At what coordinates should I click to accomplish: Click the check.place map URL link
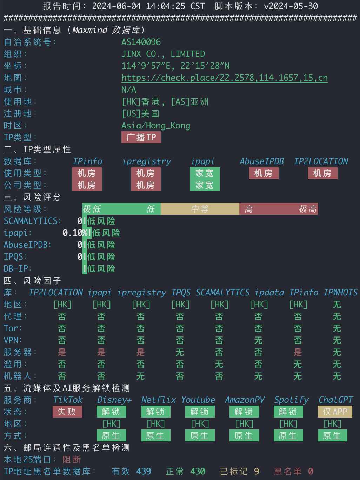[225, 78]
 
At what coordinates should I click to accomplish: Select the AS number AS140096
[141, 42]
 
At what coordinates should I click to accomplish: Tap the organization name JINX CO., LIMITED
[163, 54]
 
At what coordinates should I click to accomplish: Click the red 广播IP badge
[141, 137]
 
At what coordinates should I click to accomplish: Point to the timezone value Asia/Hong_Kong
[156, 126]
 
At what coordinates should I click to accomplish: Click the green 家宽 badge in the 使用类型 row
[205, 173]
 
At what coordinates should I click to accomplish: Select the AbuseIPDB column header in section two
[262, 161]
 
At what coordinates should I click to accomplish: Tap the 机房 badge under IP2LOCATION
[322, 173]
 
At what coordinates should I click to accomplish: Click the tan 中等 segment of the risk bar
[200, 209]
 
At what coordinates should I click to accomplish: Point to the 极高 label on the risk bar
[308, 209]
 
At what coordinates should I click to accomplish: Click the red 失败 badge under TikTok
[67, 412]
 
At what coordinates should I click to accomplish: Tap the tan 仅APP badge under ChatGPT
[335, 412]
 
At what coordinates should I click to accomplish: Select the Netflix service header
[159, 400]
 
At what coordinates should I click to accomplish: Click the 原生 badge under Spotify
[288, 435]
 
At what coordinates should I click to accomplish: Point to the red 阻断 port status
[72, 459]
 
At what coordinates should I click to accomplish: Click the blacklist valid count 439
[144, 472]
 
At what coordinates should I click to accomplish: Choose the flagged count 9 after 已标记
[256, 472]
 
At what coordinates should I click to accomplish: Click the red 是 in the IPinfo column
[298, 352]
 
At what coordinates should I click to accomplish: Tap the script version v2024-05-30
[291, 6]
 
